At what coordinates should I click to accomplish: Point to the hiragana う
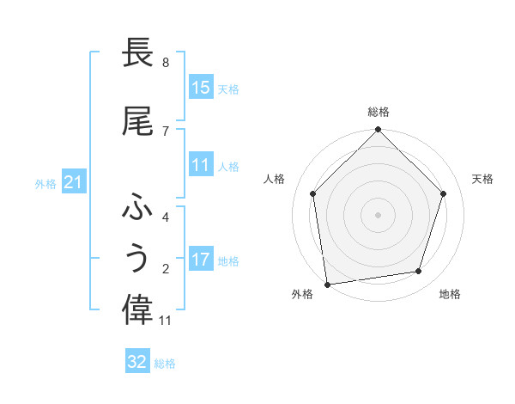137,259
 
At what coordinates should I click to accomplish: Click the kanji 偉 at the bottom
137,309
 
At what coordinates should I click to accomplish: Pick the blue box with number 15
201,88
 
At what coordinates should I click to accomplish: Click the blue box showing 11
201,165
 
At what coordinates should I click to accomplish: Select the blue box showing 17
201,260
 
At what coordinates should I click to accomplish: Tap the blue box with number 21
73,182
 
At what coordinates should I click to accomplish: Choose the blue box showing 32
137,362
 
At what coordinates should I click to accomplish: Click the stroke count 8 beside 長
166,63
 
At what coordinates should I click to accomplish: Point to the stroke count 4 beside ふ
166,217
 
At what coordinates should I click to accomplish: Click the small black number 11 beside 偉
167,321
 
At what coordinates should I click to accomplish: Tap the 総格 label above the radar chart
379,112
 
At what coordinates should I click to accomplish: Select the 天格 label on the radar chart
483,179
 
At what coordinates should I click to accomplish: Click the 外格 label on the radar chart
302,294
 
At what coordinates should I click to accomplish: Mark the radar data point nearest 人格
313,193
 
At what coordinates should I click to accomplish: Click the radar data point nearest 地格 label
419,272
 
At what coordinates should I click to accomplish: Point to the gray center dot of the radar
379,214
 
